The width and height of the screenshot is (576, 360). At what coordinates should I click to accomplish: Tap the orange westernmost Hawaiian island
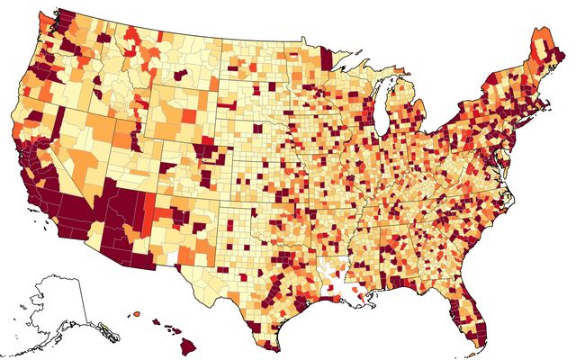pos(136,313)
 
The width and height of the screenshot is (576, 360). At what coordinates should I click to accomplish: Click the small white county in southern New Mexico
pos(164,255)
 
